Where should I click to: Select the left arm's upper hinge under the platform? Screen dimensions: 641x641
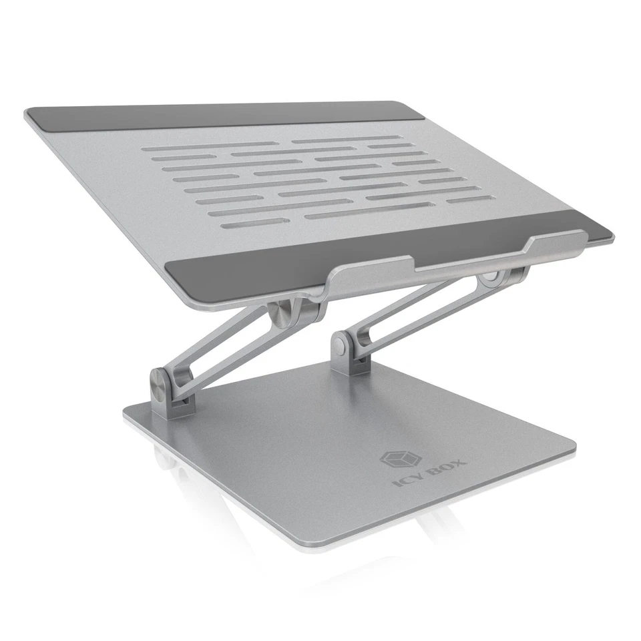pos(284,310)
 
